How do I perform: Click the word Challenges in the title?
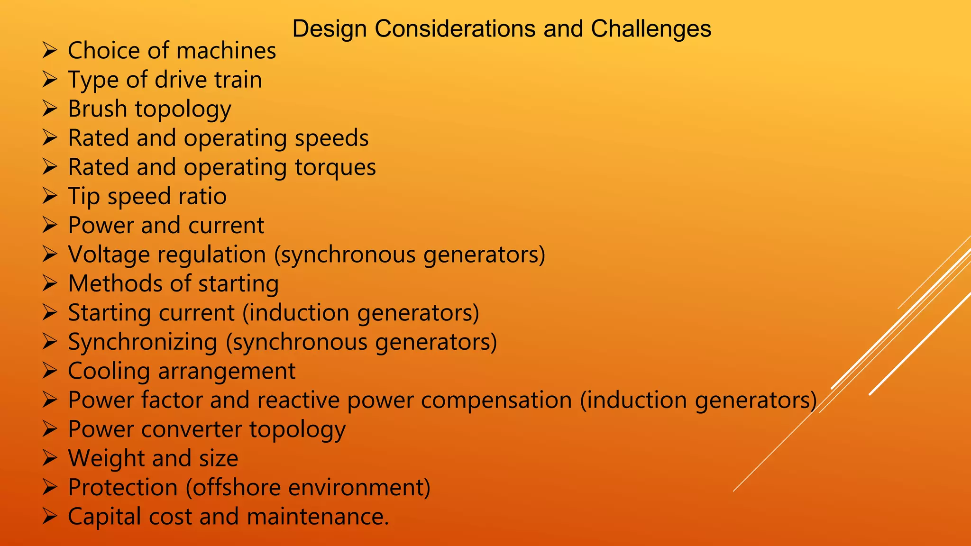650,29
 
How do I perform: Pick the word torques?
335,168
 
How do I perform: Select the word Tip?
84,197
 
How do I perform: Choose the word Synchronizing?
143,342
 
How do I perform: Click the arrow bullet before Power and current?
49,225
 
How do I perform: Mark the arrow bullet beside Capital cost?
49,516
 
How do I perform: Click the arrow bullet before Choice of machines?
49,50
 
